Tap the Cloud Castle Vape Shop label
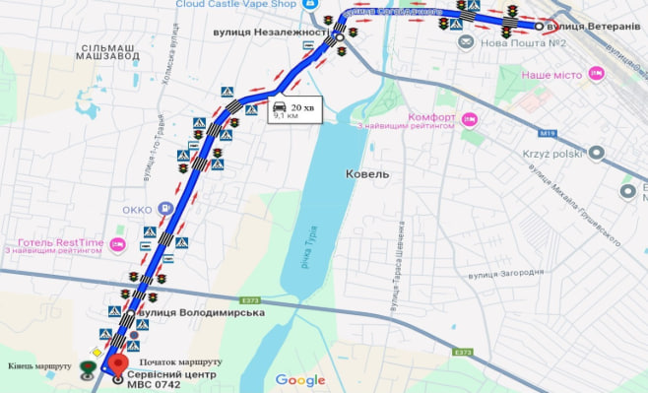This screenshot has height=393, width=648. [x=236, y=4]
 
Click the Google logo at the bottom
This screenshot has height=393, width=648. [x=299, y=380]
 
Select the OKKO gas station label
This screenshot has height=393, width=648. [x=137, y=209]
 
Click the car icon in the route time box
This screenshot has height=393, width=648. [x=279, y=106]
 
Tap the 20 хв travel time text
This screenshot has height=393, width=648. [x=301, y=106]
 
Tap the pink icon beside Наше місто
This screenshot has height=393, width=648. [x=595, y=74]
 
